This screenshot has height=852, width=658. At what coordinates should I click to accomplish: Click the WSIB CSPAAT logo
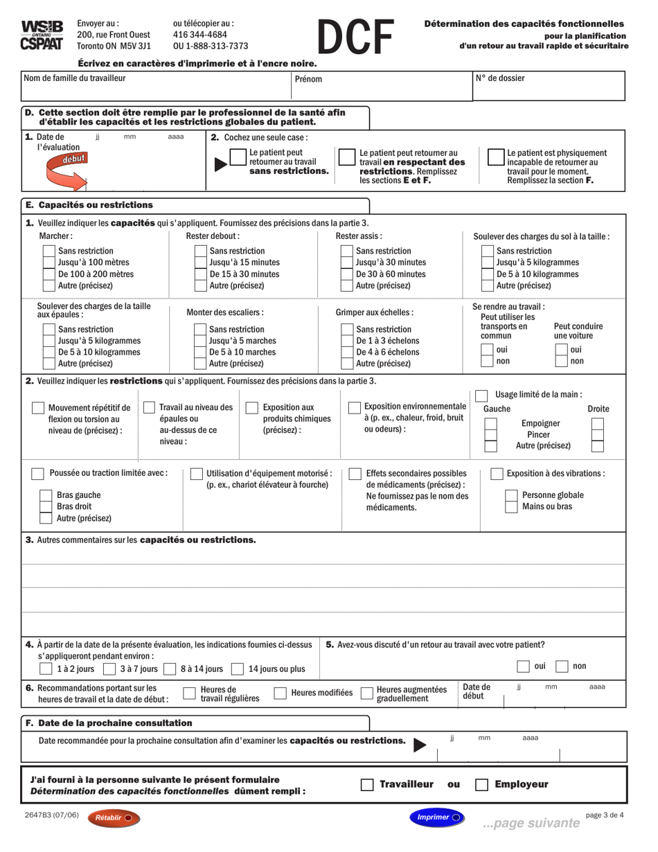(42, 35)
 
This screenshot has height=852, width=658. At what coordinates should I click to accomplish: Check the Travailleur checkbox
(367, 785)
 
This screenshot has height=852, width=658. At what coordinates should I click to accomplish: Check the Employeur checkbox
(481, 785)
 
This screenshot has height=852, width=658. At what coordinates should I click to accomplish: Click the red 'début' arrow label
(68, 159)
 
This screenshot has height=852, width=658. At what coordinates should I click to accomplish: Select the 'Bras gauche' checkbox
(46, 495)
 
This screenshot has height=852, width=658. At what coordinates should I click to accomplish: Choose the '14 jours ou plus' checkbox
(238, 669)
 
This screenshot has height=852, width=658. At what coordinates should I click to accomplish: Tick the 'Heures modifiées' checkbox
(281, 693)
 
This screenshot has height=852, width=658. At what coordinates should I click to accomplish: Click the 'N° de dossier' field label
(499, 78)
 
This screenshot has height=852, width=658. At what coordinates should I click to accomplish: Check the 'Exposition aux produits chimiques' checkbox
(251, 408)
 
